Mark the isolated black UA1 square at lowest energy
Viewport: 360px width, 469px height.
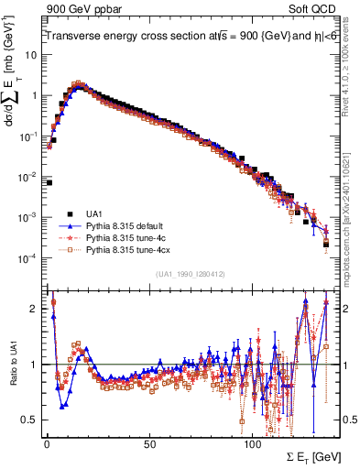pyautogui.click(x=49, y=182)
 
